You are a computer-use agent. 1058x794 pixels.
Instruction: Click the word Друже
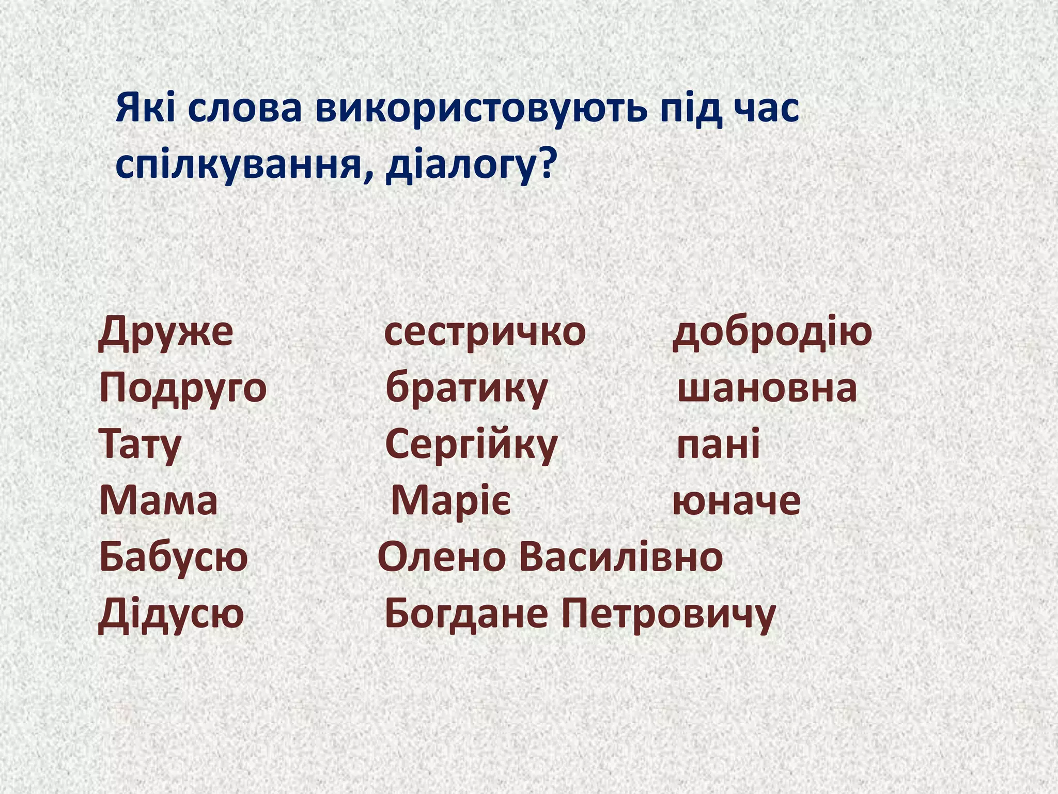(166, 332)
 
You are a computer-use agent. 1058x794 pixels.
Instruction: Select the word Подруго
(183, 389)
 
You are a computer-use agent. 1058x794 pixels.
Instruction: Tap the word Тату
(140, 445)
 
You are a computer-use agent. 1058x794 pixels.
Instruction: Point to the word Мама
(159, 501)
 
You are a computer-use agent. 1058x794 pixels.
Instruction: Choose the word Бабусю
(174, 557)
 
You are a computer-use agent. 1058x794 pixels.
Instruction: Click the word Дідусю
(171, 614)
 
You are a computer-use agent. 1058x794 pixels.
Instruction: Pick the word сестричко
(485, 332)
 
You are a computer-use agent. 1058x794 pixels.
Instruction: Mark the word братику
(466, 389)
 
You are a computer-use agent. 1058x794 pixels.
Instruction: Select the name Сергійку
(471, 445)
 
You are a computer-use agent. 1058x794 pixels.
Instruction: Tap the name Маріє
(451, 501)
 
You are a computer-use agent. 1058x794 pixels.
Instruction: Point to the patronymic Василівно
(621, 557)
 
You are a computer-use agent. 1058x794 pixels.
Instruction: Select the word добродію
(772, 332)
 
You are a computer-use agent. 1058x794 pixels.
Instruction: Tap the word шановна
(767, 389)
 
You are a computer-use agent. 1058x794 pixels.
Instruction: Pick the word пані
(718, 445)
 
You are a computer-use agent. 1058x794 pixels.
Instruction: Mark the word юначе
(737, 501)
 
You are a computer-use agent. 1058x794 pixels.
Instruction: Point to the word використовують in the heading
(481, 109)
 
